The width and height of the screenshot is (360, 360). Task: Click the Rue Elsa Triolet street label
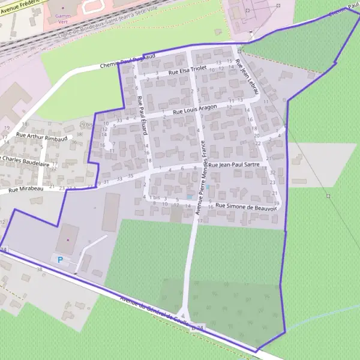pos(188,70)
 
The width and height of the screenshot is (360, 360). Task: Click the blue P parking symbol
pos(59,259)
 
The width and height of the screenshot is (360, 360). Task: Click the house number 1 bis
pos(154,197)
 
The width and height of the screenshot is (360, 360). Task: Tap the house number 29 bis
pos(85,125)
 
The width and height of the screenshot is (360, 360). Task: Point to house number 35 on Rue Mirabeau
pos(130,175)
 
